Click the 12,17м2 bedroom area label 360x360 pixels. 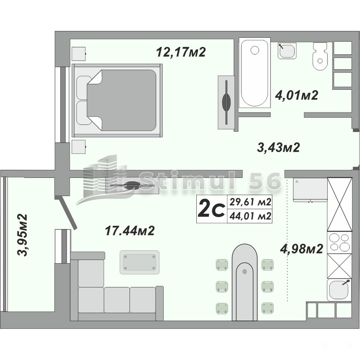181,52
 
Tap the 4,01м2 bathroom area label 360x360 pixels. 296,95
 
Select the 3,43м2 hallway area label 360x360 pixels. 278,147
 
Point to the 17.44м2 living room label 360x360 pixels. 130,231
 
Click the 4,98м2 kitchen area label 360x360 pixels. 302,248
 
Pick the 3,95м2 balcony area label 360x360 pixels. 22,235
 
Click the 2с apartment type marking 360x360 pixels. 211,209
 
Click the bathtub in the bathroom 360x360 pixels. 255,74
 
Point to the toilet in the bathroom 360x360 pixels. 320,56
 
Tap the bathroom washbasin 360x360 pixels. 287,51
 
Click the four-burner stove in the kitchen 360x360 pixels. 339,243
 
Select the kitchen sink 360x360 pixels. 339,290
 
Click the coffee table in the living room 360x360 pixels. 139,262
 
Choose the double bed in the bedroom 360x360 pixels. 117,101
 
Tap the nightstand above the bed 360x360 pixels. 79,54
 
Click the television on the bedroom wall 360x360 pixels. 226,102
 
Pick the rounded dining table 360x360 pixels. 244,282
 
